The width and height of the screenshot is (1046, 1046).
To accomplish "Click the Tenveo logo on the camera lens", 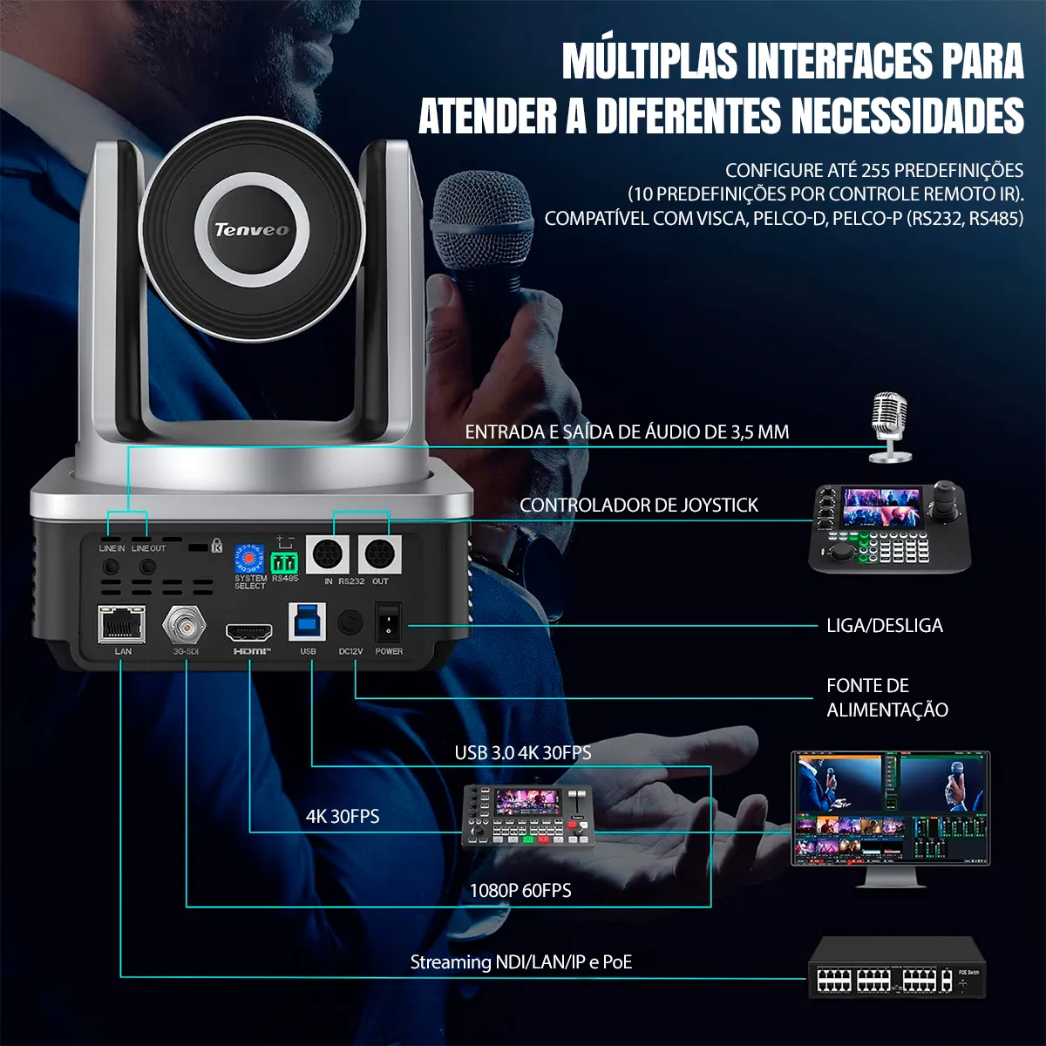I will [x=251, y=229].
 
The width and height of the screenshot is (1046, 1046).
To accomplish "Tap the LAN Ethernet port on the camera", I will [x=122, y=623].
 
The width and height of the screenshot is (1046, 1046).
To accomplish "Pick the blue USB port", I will [x=307, y=621].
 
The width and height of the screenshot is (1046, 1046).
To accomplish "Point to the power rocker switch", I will [x=388, y=622].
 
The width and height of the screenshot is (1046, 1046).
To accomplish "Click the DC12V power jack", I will [x=350, y=622].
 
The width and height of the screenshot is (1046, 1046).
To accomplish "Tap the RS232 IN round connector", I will [x=328, y=554].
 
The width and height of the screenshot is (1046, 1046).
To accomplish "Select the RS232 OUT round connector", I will [x=379, y=554].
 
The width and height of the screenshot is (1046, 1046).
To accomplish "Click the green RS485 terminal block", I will [x=284, y=561].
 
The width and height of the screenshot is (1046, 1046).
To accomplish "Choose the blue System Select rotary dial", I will [x=249, y=558].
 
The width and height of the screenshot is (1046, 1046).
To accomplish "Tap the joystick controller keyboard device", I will [x=890, y=528].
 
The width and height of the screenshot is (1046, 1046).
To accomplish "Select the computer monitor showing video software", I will [x=890, y=811].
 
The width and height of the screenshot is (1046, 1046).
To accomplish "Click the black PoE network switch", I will [x=898, y=969].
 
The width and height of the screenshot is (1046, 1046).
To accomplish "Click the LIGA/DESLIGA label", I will [x=884, y=626].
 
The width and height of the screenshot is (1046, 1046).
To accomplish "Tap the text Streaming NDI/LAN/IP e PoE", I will [x=521, y=962].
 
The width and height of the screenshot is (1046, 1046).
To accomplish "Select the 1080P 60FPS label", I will [x=520, y=890].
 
